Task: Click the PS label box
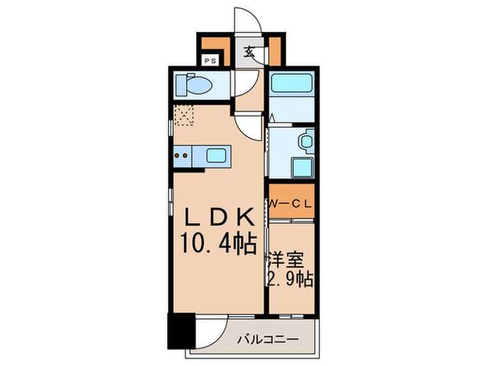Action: tap(211, 61)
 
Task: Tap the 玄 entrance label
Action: tap(249, 52)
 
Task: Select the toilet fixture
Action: tap(194, 84)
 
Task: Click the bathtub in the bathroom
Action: tap(292, 82)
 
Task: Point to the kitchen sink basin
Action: tap(216, 155)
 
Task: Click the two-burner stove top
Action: tap(182, 156)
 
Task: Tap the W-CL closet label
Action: tap(290, 204)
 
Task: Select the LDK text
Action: tap(221, 217)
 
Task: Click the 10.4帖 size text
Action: tap(218, 244)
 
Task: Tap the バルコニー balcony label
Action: tap(268, 339)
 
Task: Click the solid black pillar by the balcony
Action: tap(182, 331)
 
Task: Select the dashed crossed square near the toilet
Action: tap(184, 116)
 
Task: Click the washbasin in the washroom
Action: tap(306, 141)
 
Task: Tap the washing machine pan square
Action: tap(303, 167)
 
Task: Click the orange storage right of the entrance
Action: tap(275, 52)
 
